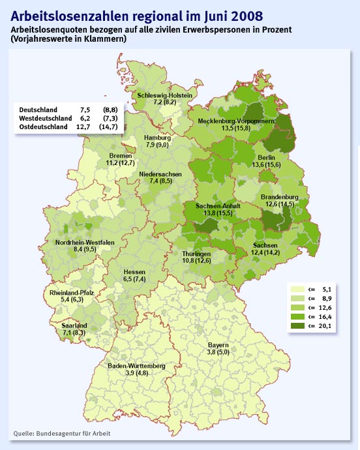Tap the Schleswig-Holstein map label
(164, 95)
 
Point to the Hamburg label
(157, 138)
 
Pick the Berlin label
(266, 158)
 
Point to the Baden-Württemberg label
(136, 367)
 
